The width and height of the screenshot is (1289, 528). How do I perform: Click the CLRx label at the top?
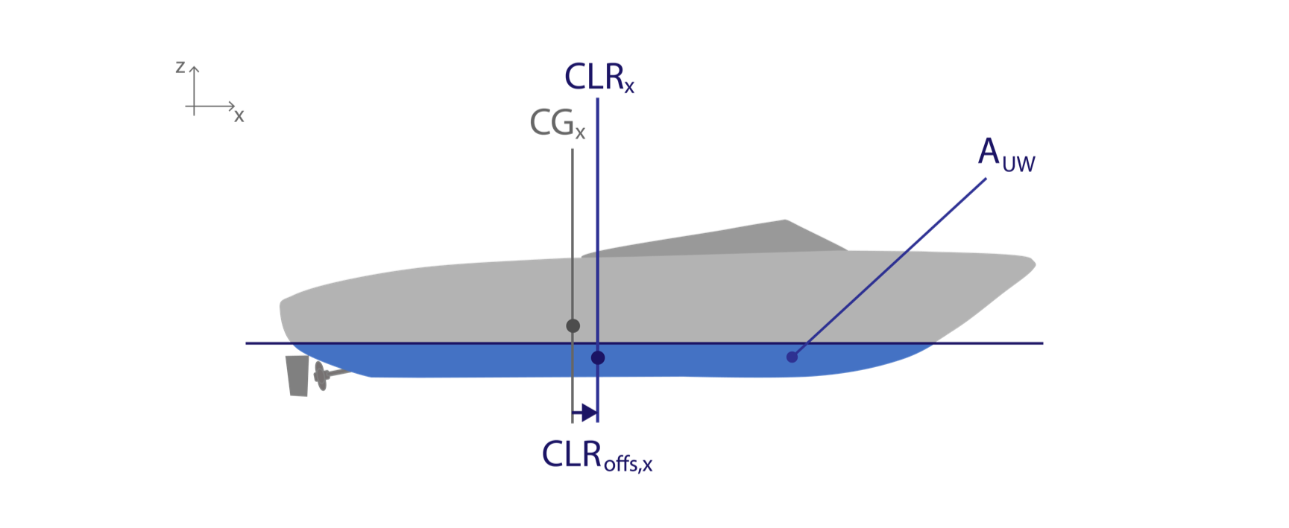[599, 77]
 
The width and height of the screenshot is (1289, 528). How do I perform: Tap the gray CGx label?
[558, 123]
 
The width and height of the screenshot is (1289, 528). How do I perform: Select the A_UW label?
[1006, 154]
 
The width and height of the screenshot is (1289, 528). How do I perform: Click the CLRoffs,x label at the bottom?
[597, 455]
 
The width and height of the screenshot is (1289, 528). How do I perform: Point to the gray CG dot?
[573, 325]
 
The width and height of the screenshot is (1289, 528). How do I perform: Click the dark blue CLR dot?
[598, 357]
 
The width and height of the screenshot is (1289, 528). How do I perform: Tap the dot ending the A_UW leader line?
[792, 357]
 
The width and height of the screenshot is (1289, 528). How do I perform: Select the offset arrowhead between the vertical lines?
[590, 413]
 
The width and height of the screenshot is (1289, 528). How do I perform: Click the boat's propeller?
[321, 376]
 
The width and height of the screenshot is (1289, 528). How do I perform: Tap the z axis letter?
[180, 67]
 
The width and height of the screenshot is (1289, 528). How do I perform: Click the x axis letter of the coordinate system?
[239, 116]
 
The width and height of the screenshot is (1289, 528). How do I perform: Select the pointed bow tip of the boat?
[1035, 263]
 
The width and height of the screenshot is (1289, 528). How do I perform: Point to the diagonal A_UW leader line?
[889, 267]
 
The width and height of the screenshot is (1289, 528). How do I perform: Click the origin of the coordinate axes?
[195, 106]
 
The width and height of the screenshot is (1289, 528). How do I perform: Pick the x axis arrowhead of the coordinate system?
[232, 106]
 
